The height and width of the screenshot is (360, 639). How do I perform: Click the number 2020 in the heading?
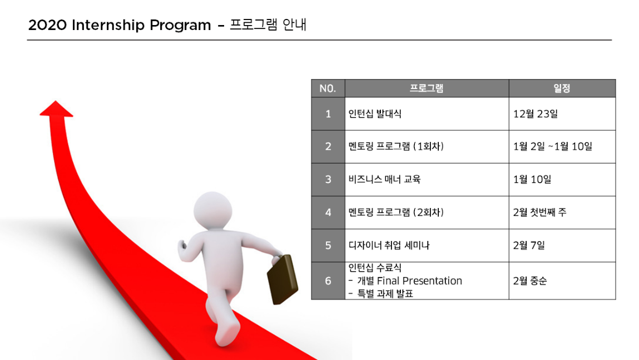47,25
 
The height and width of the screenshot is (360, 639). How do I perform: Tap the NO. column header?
328,88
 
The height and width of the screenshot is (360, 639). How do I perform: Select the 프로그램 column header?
426,88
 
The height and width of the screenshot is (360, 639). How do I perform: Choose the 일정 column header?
562,88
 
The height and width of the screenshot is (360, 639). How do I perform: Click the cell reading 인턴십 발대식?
375,114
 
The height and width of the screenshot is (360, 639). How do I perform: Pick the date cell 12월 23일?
535,114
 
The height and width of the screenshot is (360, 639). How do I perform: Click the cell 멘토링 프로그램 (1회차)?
396,146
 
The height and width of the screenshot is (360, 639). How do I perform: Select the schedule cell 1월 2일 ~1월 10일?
552,146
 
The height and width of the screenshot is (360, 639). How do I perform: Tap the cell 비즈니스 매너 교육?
384,179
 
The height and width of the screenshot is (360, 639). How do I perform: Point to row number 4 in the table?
328,213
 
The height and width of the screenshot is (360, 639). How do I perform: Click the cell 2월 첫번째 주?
539,213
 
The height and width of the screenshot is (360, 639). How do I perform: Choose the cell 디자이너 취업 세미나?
389,245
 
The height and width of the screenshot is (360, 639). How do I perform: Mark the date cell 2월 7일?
528,245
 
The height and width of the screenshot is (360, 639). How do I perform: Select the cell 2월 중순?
530,281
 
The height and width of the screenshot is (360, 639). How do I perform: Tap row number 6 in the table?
328,281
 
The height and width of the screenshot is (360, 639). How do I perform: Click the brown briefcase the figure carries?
283,280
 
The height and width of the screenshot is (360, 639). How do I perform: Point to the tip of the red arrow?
56,101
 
